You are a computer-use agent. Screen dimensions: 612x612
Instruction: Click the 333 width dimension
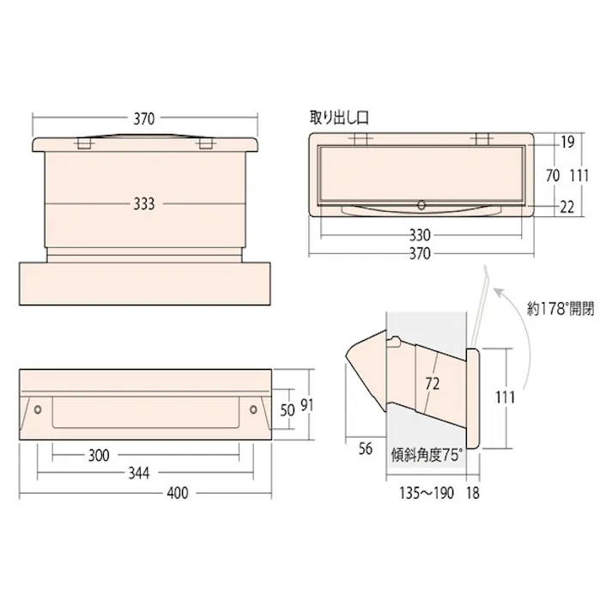[144, 204]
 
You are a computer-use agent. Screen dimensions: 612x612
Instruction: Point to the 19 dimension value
[567, 143]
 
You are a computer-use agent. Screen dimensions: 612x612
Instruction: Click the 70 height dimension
[552, 175]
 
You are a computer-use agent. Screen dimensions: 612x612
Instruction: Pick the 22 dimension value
[567, 206]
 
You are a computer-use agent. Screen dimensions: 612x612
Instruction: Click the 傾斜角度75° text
[426, 455]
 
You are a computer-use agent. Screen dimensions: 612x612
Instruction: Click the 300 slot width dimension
[99, 455]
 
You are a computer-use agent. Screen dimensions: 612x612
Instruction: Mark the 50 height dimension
[288, 409]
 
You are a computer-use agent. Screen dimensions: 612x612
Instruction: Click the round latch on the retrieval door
[421, 205]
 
